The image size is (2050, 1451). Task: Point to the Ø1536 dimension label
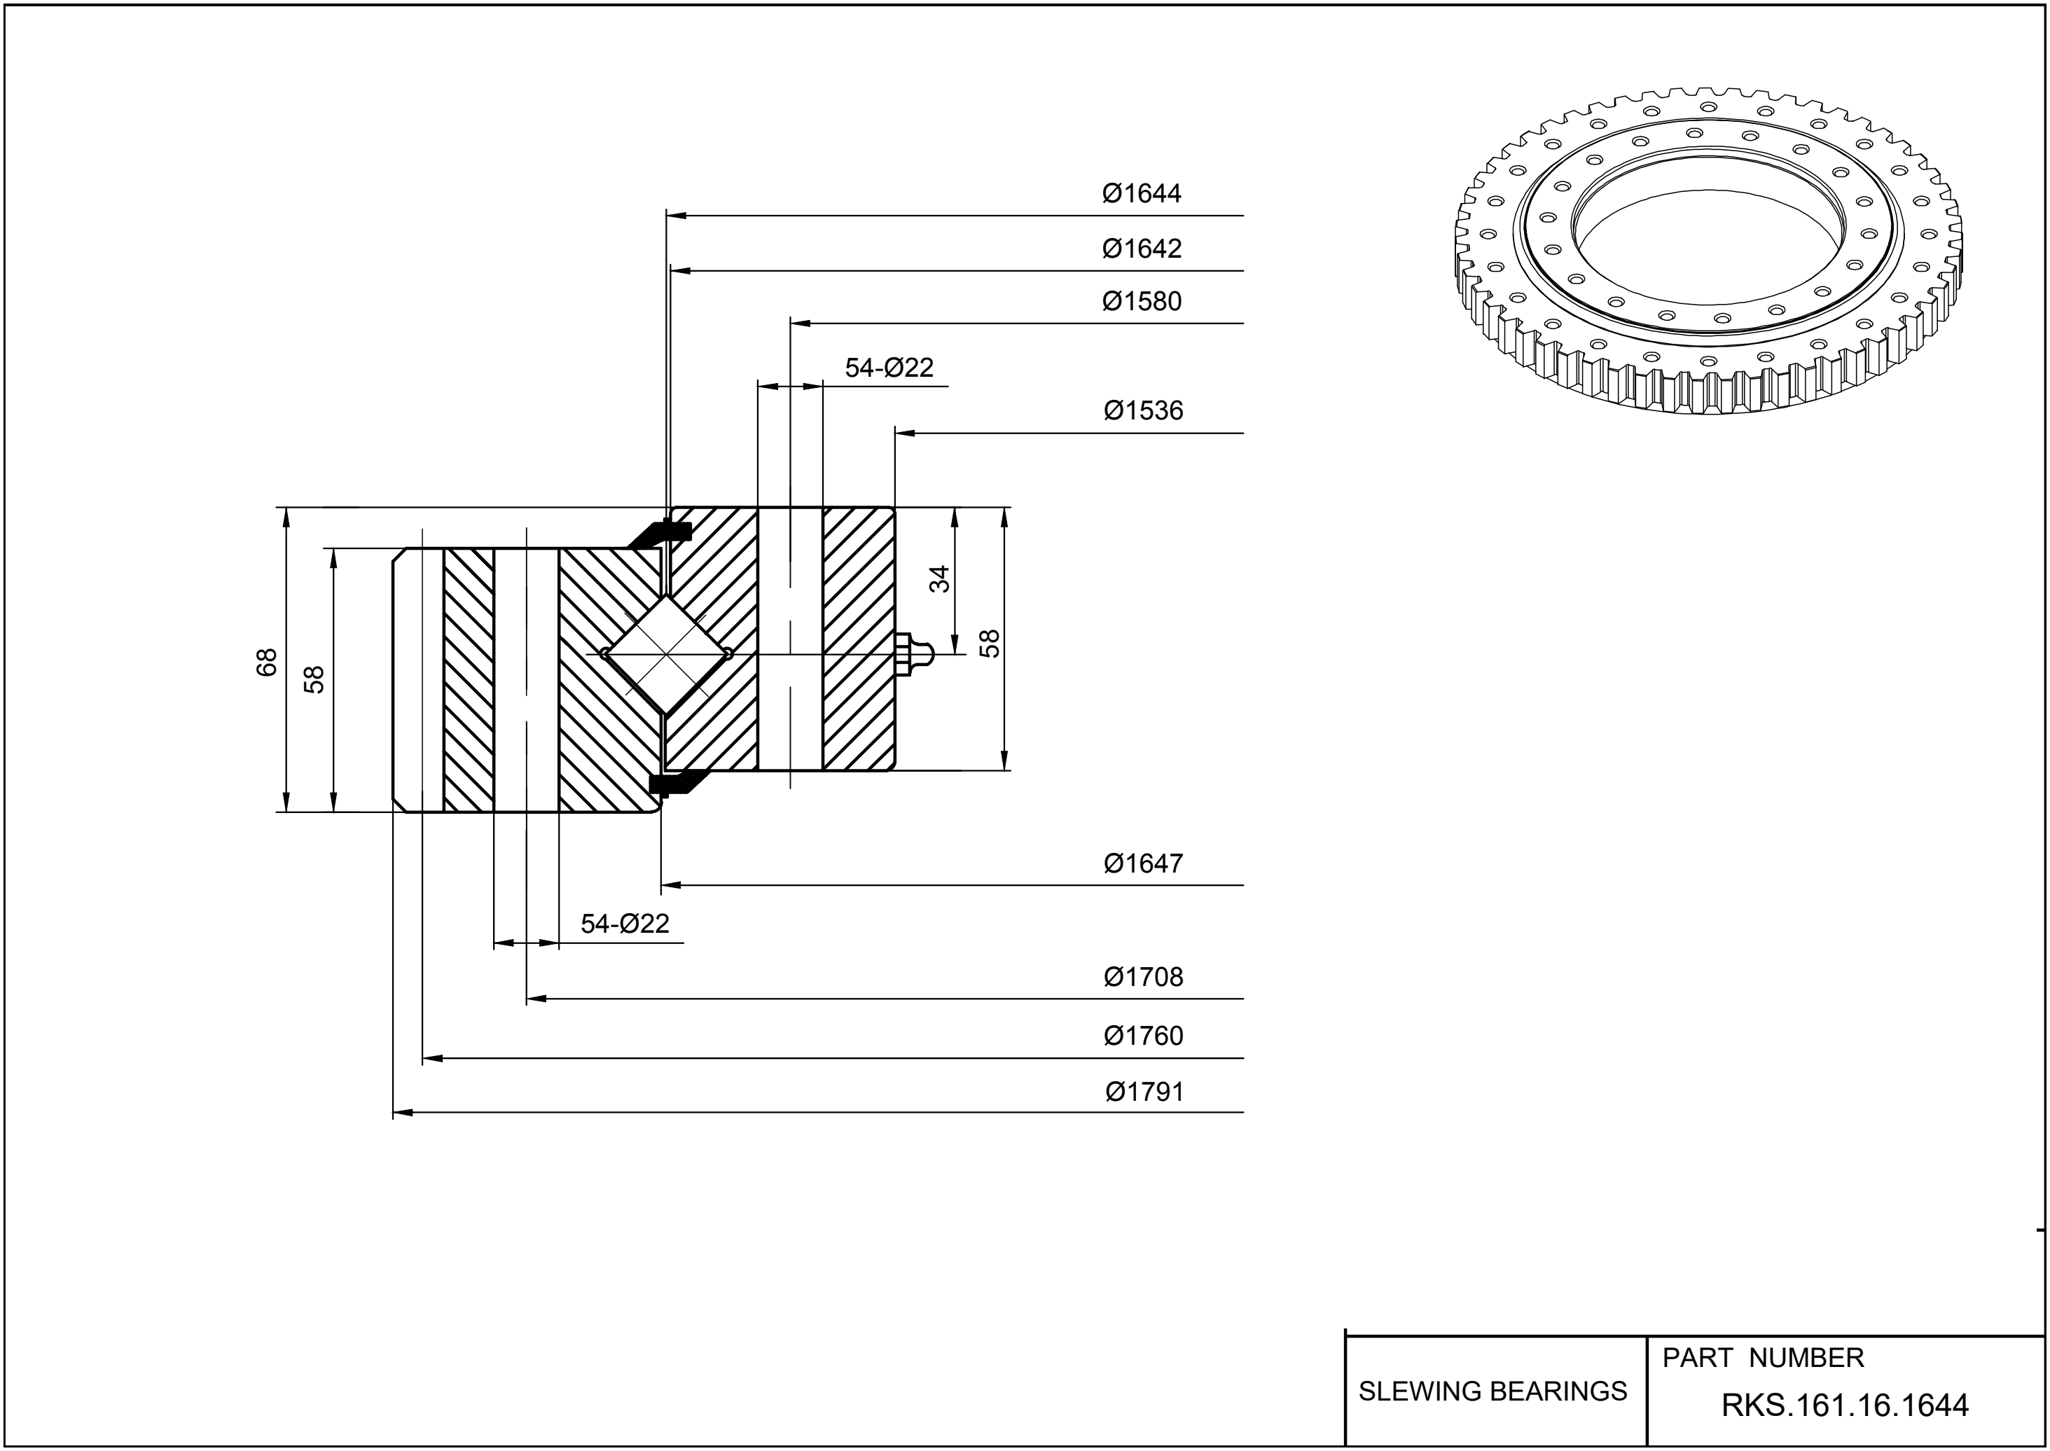(1143, 411)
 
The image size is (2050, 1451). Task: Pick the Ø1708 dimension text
(1143, 978)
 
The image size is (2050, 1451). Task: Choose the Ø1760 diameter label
(1143, 1036)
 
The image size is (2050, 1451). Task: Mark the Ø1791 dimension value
(1144, 1092)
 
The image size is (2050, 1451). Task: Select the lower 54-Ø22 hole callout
(625, 924)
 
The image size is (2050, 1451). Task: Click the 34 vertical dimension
(939, 579)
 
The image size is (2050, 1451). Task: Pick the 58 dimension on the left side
(314, 680)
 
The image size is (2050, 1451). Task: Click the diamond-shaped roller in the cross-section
(667, 654)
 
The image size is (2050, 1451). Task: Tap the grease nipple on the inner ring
(913, 654)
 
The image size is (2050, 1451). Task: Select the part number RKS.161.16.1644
(1845, 1405)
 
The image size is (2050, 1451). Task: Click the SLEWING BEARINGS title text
(1493, 1391)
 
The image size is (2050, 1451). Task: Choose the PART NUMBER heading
(1762, 1358)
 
